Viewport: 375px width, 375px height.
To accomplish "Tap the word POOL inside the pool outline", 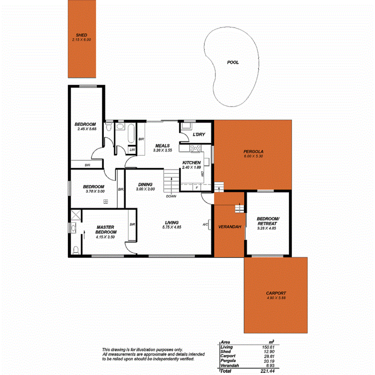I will pyautogui.click(x=233, y=62).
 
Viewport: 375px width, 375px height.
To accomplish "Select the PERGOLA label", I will pyautogui.click(x=253, y=151).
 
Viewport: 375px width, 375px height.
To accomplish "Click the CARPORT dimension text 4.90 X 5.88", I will pyautogui.click(x=276, y=298).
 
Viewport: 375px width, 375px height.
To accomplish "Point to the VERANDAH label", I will pyautogui.click(x=229, y=227).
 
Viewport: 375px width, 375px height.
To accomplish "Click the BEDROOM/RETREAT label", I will pyautogui.click(x=267, y=221).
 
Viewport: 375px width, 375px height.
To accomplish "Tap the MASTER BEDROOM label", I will pyautogui.click(x=106, y=229).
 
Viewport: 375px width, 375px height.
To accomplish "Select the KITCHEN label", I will pyautogui.click(x=191, y=163).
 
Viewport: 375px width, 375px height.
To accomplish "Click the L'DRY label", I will pyautogui.click(x=199, y=134).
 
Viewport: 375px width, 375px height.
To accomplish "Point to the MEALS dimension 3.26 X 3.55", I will pyautogui.click(x=163, y=150).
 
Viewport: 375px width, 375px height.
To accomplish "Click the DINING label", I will pyautogui.click(x=145, y=184).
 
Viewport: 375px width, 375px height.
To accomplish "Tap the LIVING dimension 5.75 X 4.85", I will pyautogui.click(x=172, y=227).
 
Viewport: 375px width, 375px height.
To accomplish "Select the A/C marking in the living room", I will pyautogui.click(x=205, y=225).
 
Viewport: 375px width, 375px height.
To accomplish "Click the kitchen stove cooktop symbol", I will pyautogui.click(x=196, y=148).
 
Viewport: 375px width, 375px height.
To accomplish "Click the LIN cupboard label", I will pyautogui.click(x=132, y=150).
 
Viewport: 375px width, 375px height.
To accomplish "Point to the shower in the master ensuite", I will pyautogui.click(x=75, y=215).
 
